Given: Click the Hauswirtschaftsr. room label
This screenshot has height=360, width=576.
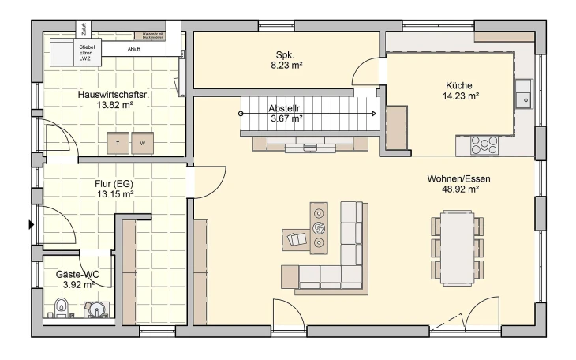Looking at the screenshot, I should point(114,94).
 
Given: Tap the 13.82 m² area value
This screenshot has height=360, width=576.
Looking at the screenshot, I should point(114,104).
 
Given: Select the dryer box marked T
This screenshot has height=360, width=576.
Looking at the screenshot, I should point(118,143).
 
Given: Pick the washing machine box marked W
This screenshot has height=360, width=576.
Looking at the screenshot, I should point(143,143).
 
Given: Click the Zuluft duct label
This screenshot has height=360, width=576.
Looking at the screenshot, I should point(84,29).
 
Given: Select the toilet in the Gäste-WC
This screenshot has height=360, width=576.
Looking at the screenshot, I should point(61,307).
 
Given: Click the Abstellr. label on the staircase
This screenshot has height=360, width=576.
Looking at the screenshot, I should point(286,108).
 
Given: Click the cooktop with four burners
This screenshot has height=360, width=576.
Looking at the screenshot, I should point(484,145).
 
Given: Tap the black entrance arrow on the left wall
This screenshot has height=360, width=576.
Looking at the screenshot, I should point(32,225).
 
